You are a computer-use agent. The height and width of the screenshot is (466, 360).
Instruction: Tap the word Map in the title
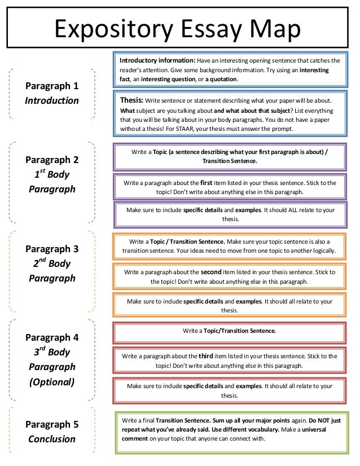click(276, 28)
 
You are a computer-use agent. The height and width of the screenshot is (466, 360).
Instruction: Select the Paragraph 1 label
click(52, 86)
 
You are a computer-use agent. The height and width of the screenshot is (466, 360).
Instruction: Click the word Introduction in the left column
click(52, 101)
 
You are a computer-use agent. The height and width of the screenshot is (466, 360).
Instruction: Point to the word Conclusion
click(52, 439)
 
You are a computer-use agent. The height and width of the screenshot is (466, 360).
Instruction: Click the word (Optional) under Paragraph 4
click(52, 382)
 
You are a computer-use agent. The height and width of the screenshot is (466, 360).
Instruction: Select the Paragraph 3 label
click(52, 249)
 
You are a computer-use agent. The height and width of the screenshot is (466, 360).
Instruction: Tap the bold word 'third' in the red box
click(207, 356)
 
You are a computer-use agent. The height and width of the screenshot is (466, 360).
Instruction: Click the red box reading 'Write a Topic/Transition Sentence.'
click(229, 330)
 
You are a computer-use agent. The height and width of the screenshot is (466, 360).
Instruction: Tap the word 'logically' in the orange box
click(322, 250)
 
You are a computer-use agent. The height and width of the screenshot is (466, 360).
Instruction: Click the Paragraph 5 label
click(52, 425)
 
